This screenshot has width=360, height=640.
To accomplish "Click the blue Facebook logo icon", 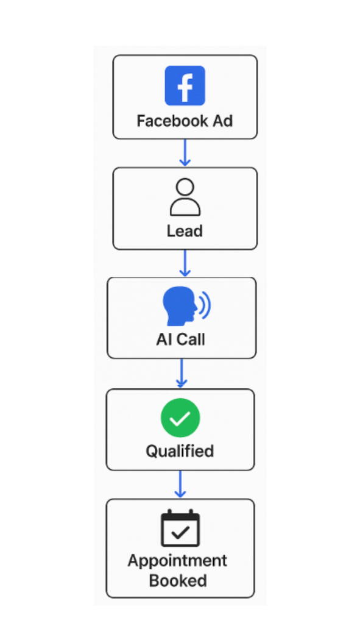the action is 185,86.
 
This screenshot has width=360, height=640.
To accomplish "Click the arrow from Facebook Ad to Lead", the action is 185,152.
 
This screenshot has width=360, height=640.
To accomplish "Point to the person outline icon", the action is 185,197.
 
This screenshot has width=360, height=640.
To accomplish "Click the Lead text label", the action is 185,231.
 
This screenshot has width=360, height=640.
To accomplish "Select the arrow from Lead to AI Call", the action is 185,263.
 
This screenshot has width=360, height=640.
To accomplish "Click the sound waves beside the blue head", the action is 205,304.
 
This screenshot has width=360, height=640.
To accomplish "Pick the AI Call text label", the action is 181,340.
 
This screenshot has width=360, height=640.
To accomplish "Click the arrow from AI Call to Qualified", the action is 182,373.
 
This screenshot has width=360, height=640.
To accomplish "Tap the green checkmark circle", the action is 180,418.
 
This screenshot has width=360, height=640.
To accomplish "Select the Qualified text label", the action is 180,452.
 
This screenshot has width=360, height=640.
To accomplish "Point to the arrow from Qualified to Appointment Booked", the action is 180,485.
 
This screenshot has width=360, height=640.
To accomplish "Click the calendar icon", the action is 180,528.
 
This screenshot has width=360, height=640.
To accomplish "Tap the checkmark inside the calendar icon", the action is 180,532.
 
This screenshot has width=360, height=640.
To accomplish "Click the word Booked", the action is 178,581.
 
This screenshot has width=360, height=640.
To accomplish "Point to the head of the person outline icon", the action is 185,187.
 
